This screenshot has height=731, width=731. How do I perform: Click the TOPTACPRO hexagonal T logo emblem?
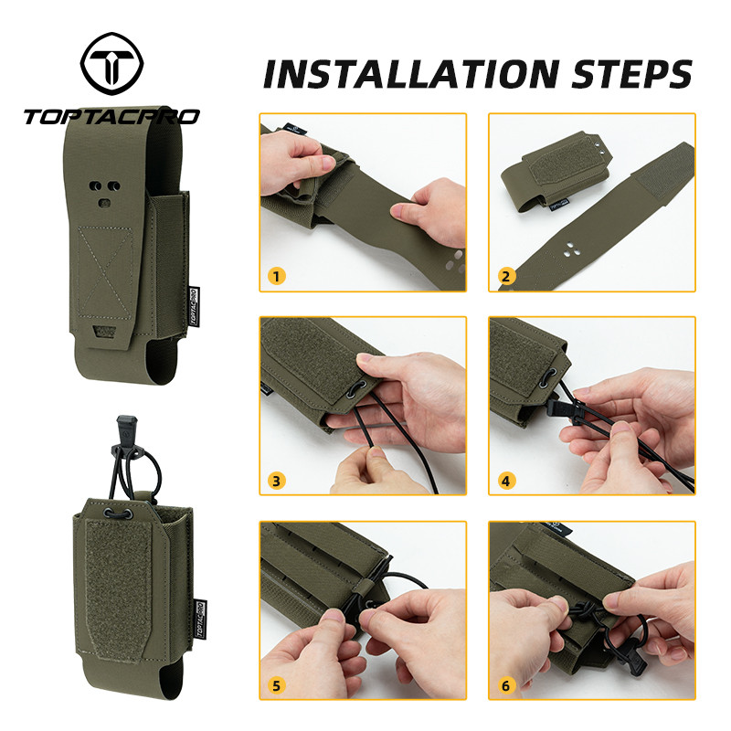tap(111, 63)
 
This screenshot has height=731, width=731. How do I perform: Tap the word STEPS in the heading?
tap(632, 74)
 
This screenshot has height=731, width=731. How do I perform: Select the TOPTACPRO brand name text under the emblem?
tap(111, 117)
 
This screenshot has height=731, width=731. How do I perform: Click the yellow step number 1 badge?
tap(277, 277)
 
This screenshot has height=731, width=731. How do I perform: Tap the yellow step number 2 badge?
tap(506, 277)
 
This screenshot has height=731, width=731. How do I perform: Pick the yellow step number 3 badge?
tap(277, 481)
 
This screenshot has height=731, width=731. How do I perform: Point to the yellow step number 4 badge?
tap(506, 481)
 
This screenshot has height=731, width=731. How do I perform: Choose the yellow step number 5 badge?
tap(277, 686)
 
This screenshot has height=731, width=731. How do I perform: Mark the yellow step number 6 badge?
tap(506, 686)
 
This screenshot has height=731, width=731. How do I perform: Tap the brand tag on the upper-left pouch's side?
tap(194, 307)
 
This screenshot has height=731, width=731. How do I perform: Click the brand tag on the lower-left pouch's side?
tap(199, 620)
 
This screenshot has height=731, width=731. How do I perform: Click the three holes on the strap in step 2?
tap(571, 249)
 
